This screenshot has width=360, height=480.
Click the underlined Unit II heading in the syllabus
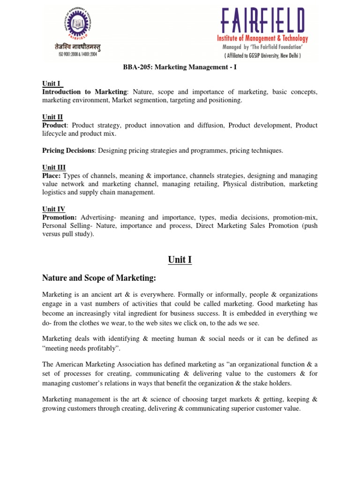coord(52,117)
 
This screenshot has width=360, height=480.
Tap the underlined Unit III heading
coord(54,167)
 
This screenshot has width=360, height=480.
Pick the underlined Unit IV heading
coord(53,209)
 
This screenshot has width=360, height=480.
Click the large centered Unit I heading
coord(180,260)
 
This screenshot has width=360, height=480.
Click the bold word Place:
coord(52,176)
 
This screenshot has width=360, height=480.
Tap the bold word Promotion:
coord(60,217)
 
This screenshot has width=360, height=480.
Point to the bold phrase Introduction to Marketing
coord(84,92)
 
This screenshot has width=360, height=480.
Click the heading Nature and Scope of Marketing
coord(99,278)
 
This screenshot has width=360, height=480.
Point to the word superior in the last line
coord(241,408)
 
